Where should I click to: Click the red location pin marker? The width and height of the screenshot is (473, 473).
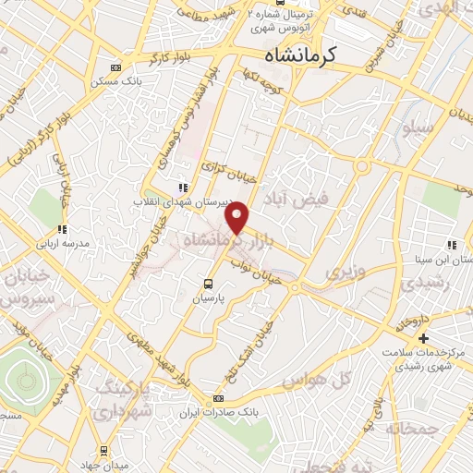tap(238, 219)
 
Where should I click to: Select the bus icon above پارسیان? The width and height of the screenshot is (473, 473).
tap(208, 284)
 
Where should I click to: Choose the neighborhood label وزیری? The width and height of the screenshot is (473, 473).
tap(344, 272)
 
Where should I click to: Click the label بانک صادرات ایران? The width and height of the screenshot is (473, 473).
tap(218, 412)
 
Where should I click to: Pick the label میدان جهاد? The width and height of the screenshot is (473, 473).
tap(103, 463)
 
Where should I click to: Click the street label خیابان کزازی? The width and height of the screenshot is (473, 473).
tap(227, 167)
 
